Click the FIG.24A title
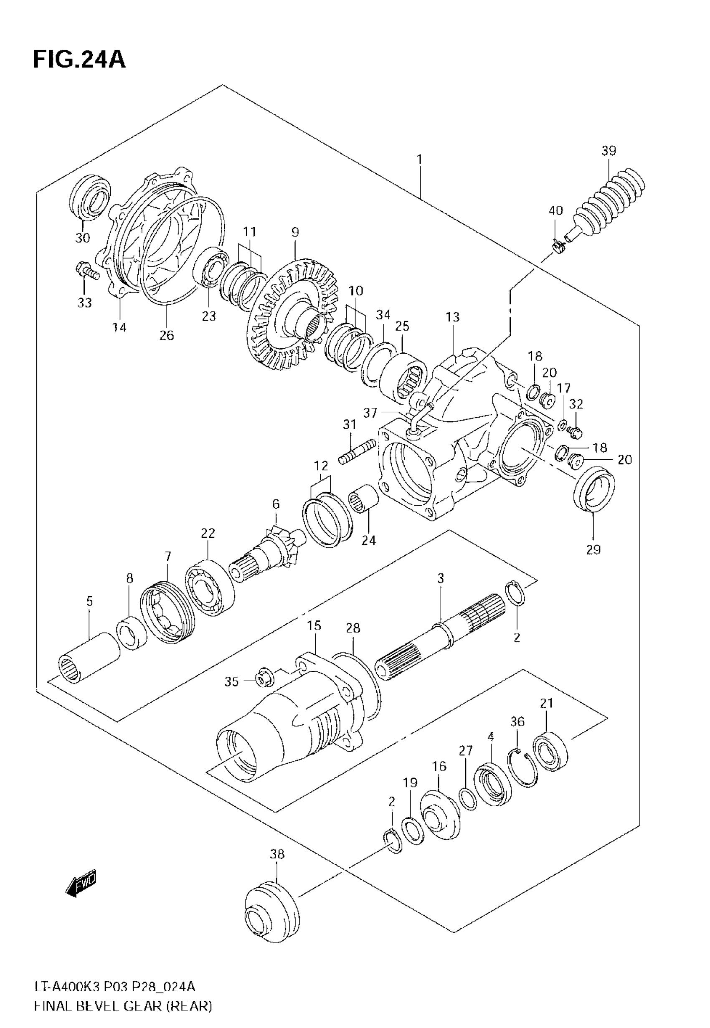(x=79, y=60)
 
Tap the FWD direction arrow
(x=81, y=882)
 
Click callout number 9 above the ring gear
(x=295, y=232)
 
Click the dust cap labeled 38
(x=272, y=917)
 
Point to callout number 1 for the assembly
(x=419, y=159)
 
